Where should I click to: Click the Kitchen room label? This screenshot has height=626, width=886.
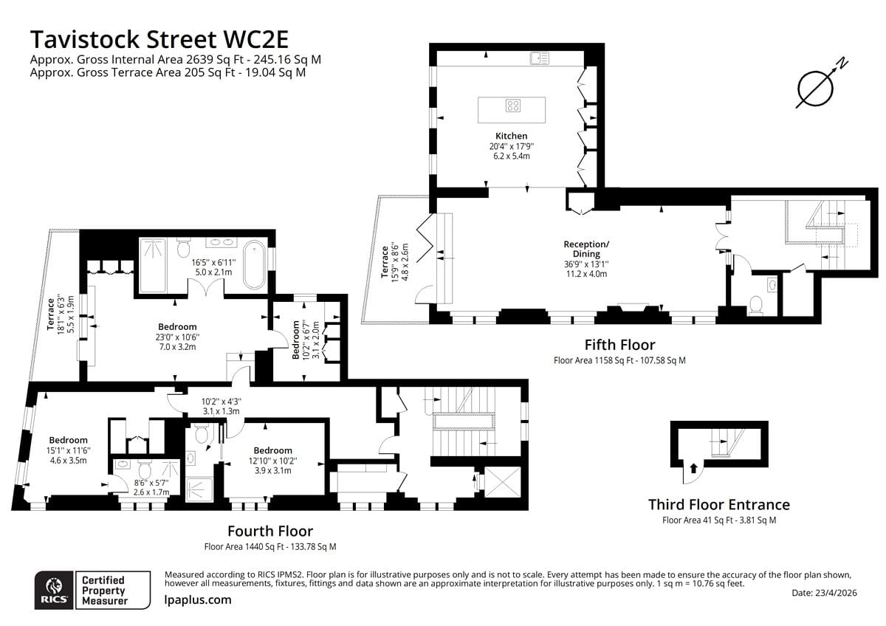511,136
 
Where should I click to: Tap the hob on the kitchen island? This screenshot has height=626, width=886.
513,106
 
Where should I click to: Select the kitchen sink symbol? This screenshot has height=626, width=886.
540,58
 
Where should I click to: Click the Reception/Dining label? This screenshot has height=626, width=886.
586,249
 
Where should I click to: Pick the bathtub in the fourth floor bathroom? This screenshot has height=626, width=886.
254,264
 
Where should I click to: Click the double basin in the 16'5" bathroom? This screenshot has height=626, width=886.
221,241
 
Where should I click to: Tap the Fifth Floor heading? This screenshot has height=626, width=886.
619,345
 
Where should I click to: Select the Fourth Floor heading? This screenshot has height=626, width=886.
270,531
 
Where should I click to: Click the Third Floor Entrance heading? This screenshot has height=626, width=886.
718,505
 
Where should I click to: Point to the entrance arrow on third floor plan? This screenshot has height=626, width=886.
693,468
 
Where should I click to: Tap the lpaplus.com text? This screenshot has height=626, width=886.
198,599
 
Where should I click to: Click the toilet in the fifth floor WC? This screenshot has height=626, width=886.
756,306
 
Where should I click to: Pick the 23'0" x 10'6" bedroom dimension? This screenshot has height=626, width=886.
177,337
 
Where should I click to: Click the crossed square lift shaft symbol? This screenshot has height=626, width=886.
502,481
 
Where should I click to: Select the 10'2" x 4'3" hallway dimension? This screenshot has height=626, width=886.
221,402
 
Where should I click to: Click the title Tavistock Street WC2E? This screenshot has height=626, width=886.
159,39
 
